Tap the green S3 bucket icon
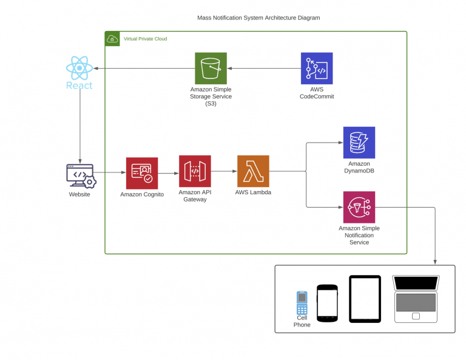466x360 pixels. tap(211, 68)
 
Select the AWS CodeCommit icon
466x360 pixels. tap(317, 68)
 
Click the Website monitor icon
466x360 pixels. tap(80, 175)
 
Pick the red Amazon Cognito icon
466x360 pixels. tap(142, 173)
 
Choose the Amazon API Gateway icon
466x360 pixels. tap(195, 171)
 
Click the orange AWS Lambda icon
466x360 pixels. tap(253, 171)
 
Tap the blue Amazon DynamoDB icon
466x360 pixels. tap(359, 143)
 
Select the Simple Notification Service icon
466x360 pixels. tap(359, 207)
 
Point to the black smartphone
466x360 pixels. tap(327, 302)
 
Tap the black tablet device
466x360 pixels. tap(365, 299)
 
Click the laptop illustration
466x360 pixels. tap(416, 299)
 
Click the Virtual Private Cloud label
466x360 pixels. tap(145, 39)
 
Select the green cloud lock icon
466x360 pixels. tap(113, 39)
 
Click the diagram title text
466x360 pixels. tap(258, 18)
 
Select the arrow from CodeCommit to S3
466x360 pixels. tap(264, 68)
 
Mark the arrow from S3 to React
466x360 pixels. tap(144, 68)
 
